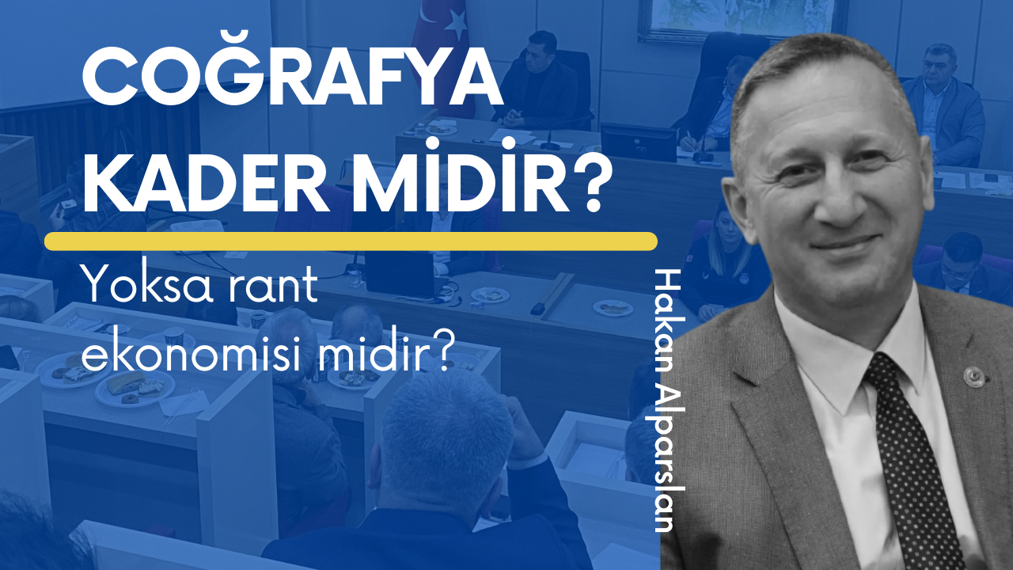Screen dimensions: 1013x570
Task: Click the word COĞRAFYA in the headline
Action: (293, 81)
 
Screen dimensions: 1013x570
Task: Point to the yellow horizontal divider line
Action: (351, 241)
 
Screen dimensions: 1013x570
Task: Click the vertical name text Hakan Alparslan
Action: (670, 401)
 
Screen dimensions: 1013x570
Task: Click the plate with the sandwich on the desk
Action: (135, 388)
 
